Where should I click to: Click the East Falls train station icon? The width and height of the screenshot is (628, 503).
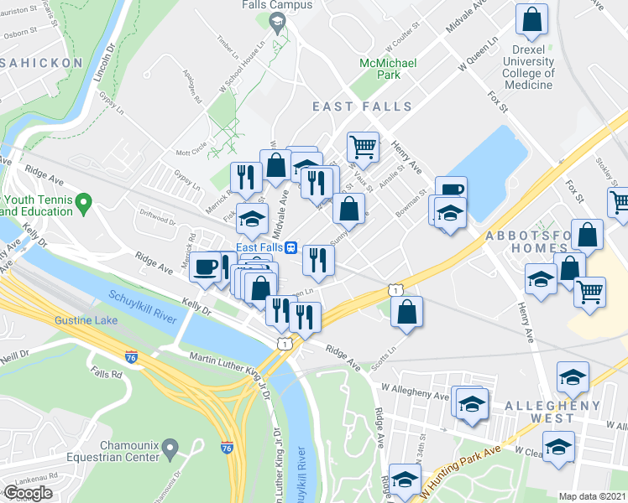[x=290, y=247]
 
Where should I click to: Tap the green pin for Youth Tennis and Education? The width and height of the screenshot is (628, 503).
[x=82, y=202]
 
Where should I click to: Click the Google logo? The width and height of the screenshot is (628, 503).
[x=28, y=493]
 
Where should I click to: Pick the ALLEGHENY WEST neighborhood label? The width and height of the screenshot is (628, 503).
[x=552, y=406]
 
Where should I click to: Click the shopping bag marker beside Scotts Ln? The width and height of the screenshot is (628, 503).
[x=406, y=312]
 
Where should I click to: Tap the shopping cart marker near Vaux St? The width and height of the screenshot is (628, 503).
[x=363, y=147]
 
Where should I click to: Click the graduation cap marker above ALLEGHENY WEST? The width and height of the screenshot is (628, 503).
[x=573, y=378]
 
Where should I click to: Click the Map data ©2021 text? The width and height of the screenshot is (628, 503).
[x=594, y=496]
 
